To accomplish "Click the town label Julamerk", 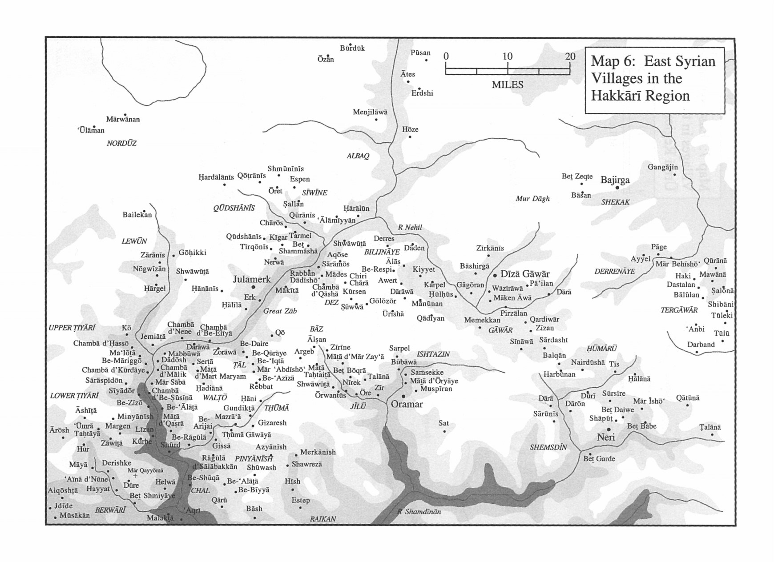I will coord(252,279).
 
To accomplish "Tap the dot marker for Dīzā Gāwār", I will coord(495,276).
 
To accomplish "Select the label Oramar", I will coord(407,404).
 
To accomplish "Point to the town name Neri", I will coord(605,437).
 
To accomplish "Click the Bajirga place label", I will coord(615,180).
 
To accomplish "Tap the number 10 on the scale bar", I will coord(507,56).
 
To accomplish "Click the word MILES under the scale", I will coord(507,84).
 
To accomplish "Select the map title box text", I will coord(653,78).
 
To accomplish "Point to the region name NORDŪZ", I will coord(121,143).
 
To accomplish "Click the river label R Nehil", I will coord(410,227).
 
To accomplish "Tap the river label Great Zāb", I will coord(280,311).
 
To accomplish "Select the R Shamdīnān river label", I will coord(419,512).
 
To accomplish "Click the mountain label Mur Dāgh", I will coord(532,198).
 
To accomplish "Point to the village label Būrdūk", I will coord(352,48).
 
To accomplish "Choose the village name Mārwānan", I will coord(123,119).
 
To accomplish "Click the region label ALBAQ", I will coord(358,156).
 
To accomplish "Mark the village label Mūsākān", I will coord(74,515).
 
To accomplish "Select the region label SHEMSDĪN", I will coord(548,447).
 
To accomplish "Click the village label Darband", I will coord(701,344).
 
